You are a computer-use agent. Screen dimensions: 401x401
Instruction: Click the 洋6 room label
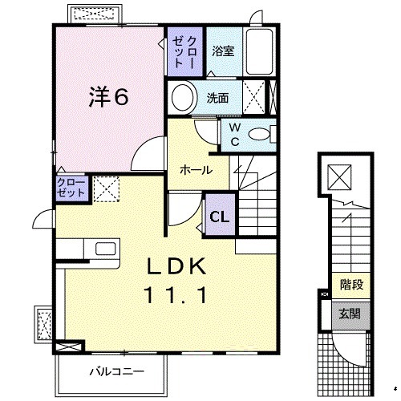click(x=107, y=97)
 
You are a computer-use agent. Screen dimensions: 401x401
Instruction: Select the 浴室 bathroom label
click(x=223, y=51)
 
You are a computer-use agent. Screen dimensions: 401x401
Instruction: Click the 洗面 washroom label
click(x=217, y=99)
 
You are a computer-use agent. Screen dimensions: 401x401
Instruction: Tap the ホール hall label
click(x=196, y=170)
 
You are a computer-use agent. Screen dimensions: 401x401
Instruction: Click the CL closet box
click(x=218, y=216)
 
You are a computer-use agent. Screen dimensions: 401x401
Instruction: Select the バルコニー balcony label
click(x=116, y=372)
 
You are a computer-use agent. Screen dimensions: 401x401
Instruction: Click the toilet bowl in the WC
click(x=261, y=136)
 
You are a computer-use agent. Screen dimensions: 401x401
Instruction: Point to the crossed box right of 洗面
click(x=259, y=99)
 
